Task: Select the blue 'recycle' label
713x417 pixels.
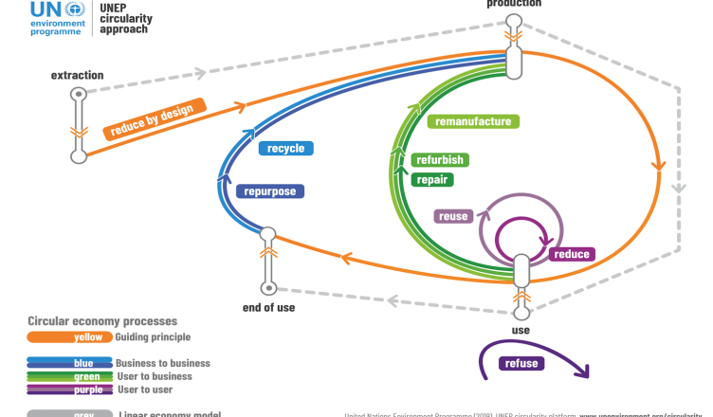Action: click(x=285, y=148)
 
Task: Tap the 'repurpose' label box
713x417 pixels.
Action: click(x=270, y=190)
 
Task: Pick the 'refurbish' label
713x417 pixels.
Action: click(x=439, y=160)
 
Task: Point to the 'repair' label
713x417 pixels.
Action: click(x=432, y=179)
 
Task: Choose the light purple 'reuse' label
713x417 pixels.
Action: click(x=452, y=216)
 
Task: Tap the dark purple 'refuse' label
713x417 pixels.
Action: click(x=523, y=363)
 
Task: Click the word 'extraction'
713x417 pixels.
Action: click(x=78, y=75)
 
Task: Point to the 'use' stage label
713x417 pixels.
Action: click(x=520, y=330)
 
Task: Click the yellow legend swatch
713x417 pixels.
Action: click(x=69, y=336)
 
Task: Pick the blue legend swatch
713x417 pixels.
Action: click(x=69, y=363)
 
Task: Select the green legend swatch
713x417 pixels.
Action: click(x=69, y=376)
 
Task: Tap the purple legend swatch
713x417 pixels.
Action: click(x=69, y=390)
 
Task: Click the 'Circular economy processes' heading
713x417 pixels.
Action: click(x=102, y=321)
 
